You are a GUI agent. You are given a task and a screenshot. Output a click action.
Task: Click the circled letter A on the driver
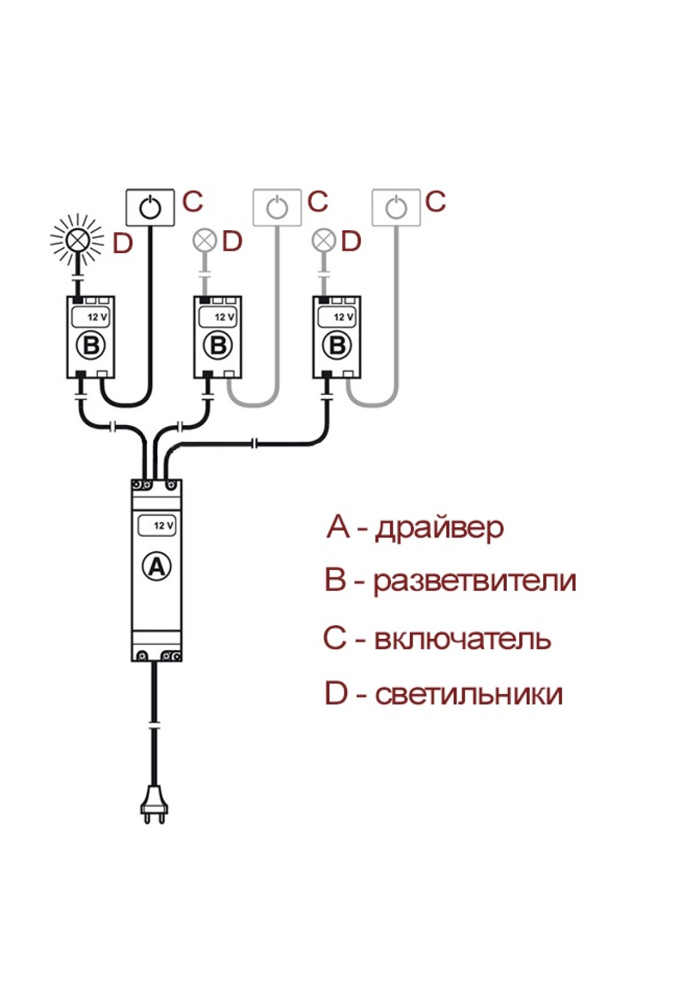click(x=156, y=566)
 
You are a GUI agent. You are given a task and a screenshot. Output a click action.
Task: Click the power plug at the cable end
click(x=154, y=804)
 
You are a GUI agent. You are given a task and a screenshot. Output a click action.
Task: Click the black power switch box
click(x=150, y=207)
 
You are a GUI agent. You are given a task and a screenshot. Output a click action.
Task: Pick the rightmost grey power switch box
click(x=396, y=207)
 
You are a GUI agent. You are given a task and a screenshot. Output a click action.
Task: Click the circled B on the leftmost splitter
click(x=91, y=345)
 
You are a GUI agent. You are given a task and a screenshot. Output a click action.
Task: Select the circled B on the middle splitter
click(x=218, y=345)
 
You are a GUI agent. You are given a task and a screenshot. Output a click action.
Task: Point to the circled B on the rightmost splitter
click(x=337, y=345)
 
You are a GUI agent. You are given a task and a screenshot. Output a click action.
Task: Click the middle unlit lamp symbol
click(x=205, y=240)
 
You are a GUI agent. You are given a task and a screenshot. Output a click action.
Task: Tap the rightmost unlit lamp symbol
click(x=324, y=240)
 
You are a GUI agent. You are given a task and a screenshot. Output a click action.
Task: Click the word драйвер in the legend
click(x=439, y=528)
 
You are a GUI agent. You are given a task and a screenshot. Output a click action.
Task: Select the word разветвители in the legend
click(x=475, y=581)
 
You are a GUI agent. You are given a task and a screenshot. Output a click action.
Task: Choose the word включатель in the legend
click(x=462, y=639)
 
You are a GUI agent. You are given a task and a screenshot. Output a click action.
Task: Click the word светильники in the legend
click(x=469, y=695)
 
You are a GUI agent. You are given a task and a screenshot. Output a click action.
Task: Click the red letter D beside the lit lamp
click(x=123, y=243)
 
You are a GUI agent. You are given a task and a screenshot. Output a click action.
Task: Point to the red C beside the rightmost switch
click(x=435, y=202)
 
